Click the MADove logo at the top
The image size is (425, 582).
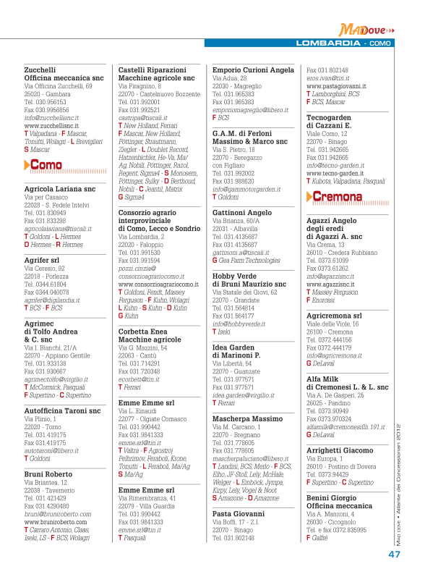[367, 30]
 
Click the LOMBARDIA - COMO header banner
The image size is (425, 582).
[345, 43]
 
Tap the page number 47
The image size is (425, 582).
[395, 555]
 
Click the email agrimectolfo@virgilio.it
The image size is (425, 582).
[56, 379]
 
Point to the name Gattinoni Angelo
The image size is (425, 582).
[242, 213]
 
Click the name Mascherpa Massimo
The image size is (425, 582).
[247, 418]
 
